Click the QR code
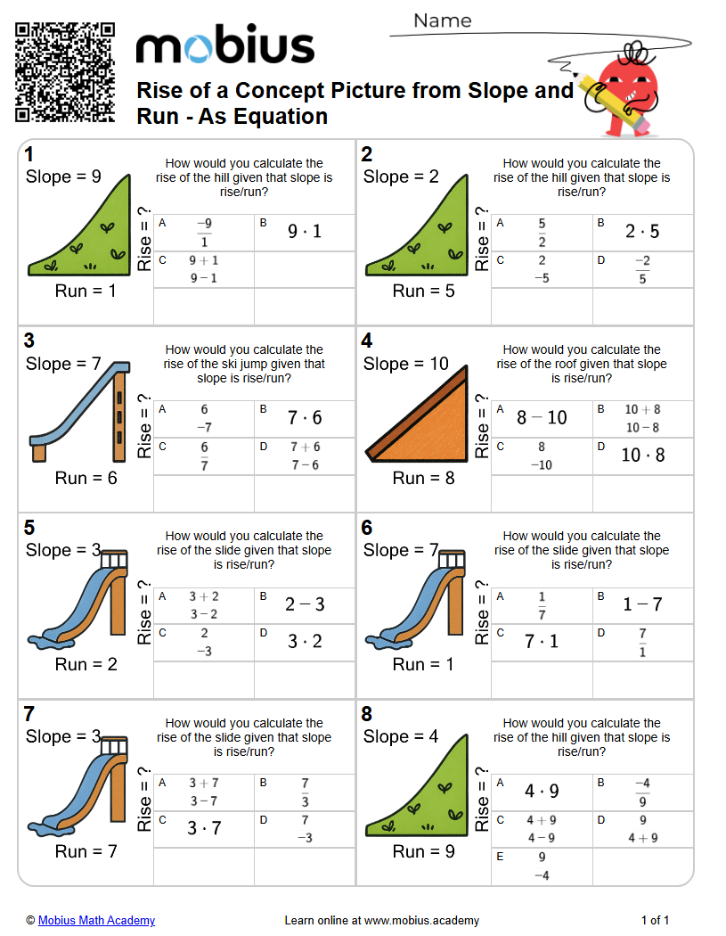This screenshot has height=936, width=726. tap(65, 72)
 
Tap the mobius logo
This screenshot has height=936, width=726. tap(225, 45)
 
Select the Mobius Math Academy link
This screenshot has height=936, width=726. tap(96, 920)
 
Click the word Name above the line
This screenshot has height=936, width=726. tap(443, 21)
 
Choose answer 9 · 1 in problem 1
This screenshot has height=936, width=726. tap(305, 231)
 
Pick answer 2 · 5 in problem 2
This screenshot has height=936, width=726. tap(642, 231)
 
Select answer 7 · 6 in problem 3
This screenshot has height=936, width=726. tap(305, 417)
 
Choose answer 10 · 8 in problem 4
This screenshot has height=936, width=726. tap(642, 455)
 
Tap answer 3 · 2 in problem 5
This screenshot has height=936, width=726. tap(305, 641)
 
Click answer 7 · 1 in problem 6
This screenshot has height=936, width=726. tap(541, 641)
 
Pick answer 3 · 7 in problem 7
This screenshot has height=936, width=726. tap(204, 828)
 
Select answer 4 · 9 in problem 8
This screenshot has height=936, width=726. tap(542, 791)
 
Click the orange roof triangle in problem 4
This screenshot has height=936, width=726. tap(426, 426)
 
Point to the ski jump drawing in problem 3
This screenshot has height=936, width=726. tap(80, 412)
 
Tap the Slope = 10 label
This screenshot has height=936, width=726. tap(405, 364)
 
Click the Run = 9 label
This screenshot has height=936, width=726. tap(423, 851)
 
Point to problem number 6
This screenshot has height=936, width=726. tap(367, 527)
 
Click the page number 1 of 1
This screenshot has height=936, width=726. tap(655, 920)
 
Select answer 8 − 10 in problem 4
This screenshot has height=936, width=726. tap(542, 417)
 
